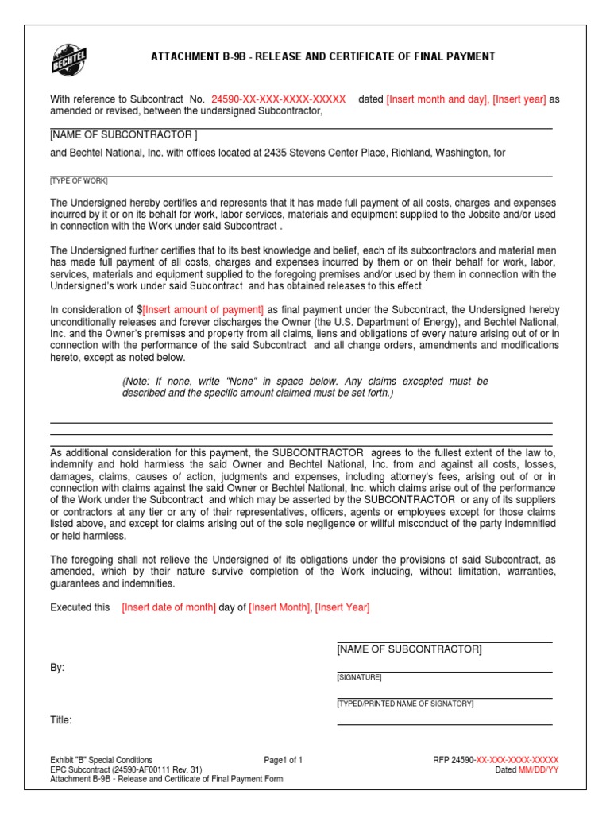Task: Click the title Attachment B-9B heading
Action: point(323,56)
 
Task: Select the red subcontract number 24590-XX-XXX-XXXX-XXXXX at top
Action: point(278,99)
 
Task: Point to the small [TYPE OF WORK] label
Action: point(79,181)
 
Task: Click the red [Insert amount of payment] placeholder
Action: point(203,309)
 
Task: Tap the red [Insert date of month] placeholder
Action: point(168,607)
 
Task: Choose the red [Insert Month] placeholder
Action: point(279,607)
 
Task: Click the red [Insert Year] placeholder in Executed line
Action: point(342,607)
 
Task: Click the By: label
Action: point(57,668)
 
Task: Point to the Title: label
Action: point(61,720)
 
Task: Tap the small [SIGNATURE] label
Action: point(359,677)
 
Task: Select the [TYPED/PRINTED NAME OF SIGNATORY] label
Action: point(405,704)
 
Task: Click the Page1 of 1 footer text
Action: point(284,760)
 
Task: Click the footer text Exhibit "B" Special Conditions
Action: point(101,760)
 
